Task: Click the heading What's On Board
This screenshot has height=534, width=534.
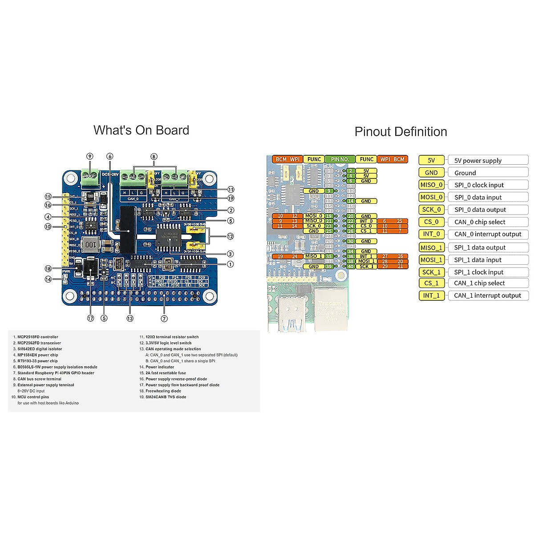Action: coord(141,130)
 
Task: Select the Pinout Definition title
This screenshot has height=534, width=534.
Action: coord(400,132)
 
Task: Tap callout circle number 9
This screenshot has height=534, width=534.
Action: coord(90,156)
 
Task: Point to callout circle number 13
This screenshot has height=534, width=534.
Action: coord(130,318)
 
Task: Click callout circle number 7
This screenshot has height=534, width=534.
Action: coord(164,319)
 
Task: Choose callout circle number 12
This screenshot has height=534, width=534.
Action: coord(230,236)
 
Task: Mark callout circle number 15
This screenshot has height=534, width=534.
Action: coord(48,197)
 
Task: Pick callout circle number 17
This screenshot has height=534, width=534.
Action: coord(91,318)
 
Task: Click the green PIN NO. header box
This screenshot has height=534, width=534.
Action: coord(340,159)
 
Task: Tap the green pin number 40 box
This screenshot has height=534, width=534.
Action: coord(351,267)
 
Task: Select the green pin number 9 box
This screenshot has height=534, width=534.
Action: coord(329,191)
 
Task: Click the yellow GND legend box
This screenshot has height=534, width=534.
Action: coord(431,173)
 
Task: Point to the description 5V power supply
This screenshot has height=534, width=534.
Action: coord(478,161)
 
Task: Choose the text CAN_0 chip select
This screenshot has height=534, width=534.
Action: coord(480,222)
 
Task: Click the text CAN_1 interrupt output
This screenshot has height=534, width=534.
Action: coord(487,295)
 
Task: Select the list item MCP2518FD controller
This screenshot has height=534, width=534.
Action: coord(37,337)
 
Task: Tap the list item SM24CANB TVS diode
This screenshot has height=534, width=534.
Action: coord(166,397)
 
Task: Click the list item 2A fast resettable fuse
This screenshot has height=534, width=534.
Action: coord(166,373)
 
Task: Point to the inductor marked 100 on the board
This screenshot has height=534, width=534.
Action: coord(90,244)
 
